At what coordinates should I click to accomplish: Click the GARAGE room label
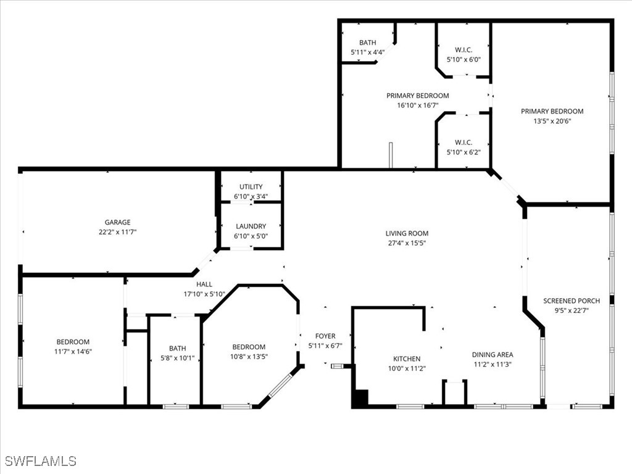point(117,222)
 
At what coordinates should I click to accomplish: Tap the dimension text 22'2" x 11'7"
point(117,232)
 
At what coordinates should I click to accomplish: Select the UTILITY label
point(251,186)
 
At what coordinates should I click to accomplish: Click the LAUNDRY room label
point(251,227)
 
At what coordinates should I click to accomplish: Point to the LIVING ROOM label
point(407,233)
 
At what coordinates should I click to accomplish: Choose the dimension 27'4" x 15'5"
point(407,243)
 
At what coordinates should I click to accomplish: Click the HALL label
point(204,284)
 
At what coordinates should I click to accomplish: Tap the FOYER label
point(325,336)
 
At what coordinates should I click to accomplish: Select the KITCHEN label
point(407,359)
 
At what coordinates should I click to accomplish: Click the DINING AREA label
point(493,354)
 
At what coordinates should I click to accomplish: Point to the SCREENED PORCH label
point(571,301)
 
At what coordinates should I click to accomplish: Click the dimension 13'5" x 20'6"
point(552,121)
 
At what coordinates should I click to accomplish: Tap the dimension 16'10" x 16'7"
point(417,106)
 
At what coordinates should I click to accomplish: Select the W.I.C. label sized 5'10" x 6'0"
point(464,50)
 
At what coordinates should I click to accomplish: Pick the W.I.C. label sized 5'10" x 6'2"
point(464,142)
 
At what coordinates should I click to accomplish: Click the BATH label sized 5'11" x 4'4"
point(368,43)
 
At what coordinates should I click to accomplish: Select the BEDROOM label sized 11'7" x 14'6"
point(73,342)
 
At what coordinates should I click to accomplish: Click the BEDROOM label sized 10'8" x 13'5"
point(249,347)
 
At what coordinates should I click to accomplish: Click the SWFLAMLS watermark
point(40,461)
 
